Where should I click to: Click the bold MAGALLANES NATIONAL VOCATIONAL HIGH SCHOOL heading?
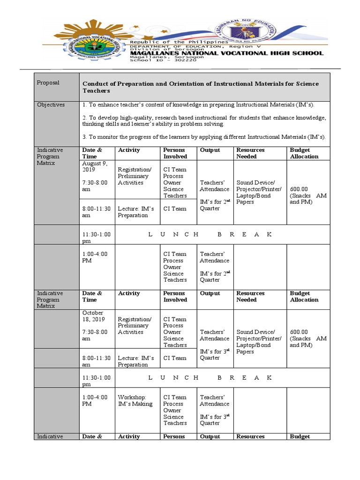226,53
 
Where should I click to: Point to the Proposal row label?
48,82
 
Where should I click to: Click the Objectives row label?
51,105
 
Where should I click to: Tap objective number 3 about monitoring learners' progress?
204,137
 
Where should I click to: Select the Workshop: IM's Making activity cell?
135,400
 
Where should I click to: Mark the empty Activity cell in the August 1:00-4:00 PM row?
137,266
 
